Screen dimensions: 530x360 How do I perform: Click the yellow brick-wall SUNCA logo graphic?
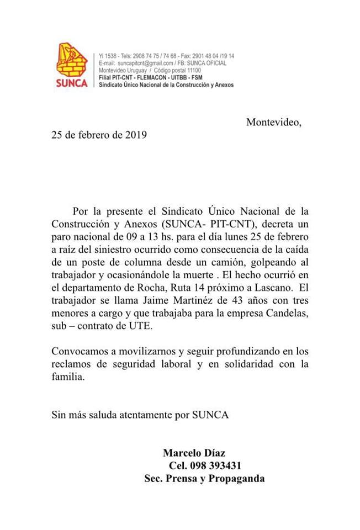coord(72,60)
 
